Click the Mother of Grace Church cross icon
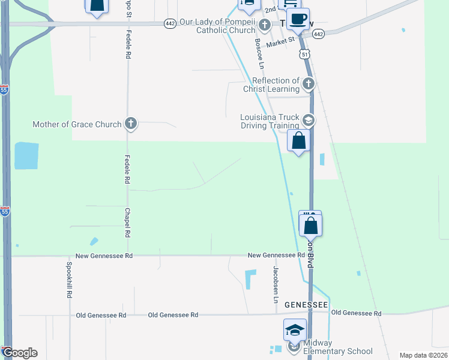pyautogui.click(x=131, y=124)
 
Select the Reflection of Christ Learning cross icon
pyautogui.click(x=309, y=83)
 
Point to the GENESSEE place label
pyautogui.click(x=306, y=304)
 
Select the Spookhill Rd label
pyautogui.click(x=70, y=281)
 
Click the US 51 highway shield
pyautogui.click(x=305, y=55)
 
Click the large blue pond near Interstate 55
pyautogui.click(x=26, y=156)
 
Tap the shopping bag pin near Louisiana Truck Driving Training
pyautogui.click(x=299, y=142)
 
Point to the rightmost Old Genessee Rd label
pyautogui.click(x=356, y=313)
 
